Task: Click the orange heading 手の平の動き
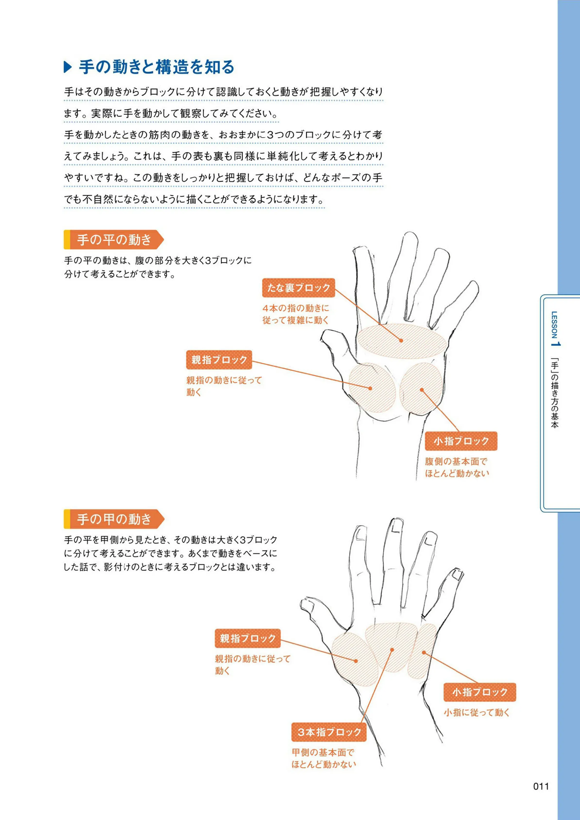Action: (114, 239)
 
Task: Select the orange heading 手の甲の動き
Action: (114, 519)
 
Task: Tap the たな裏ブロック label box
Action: (299, 288)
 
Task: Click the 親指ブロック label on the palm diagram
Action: (219, 360)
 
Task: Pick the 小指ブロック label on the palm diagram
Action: (461, 441)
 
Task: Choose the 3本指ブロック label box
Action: (329, 732)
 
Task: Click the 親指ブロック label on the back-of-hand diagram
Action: (247, 638)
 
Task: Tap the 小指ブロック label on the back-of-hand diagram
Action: (480, 692)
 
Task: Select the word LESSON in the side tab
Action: (554, 325)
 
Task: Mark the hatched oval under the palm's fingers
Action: (402, 341)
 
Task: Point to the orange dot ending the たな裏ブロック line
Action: (401, 341)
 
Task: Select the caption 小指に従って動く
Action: (477, 712)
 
